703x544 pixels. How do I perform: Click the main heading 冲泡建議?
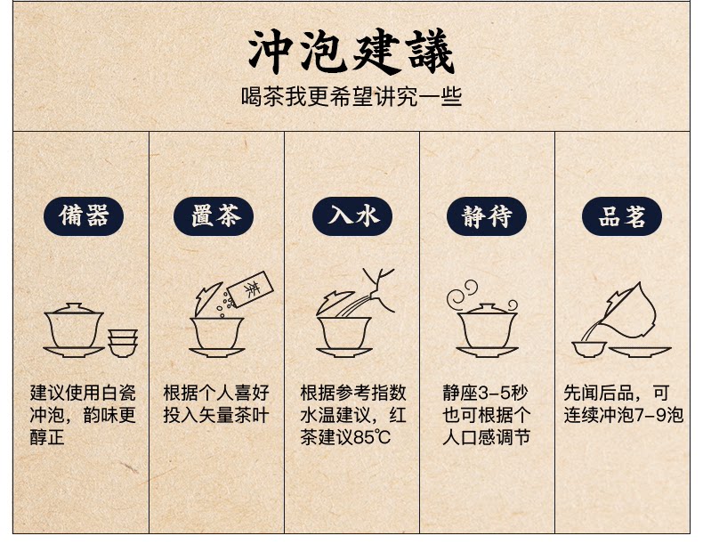[351, 51]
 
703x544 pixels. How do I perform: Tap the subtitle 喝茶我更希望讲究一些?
[351, 96]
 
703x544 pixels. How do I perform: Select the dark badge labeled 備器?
[84, 216]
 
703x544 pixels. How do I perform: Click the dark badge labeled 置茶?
[214, 216]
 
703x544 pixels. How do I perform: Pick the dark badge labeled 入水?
[352, 216]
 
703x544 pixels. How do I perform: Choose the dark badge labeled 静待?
[487, 216]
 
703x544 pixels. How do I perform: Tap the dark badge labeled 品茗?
[622, 216]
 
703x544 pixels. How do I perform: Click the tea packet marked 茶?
[251, 289]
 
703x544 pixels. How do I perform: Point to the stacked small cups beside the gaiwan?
[123, 343]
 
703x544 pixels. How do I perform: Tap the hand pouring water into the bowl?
[379, 289]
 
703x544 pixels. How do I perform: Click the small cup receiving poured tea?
[589, 349]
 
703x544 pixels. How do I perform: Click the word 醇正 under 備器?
[47, 437]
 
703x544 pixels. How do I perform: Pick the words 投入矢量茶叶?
[216, 415]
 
